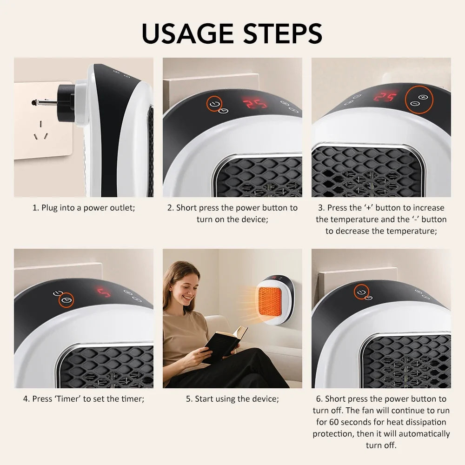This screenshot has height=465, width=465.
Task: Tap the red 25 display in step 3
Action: [386, 97]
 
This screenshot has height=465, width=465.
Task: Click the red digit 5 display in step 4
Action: [104, 292]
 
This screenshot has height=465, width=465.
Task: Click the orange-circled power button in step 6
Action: [361, 292]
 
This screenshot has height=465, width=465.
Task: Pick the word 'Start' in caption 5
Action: [205, 399]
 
